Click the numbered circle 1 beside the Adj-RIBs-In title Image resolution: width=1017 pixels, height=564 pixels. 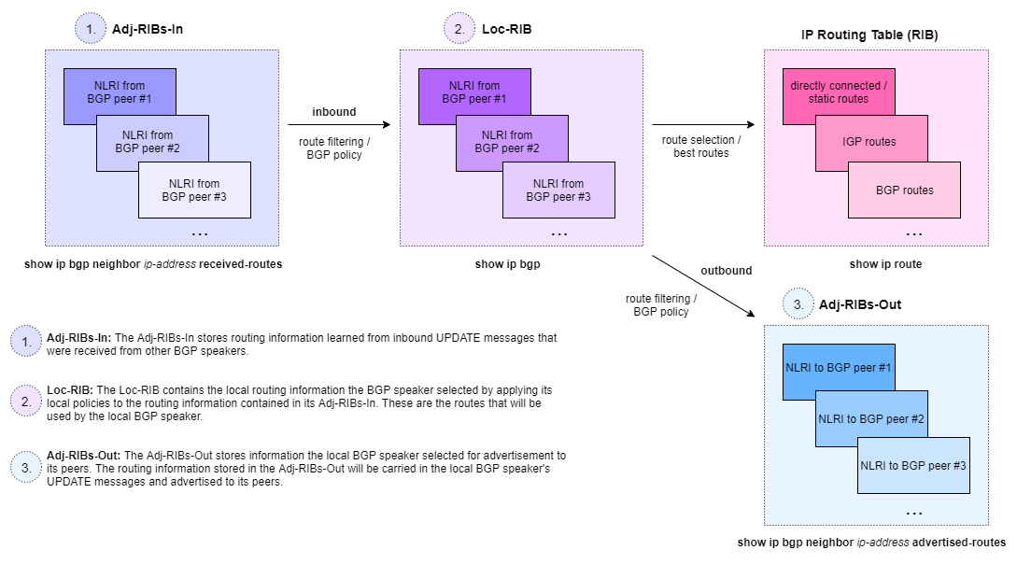pos(91,30)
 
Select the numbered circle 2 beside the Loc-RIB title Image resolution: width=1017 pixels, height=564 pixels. pos(459,30)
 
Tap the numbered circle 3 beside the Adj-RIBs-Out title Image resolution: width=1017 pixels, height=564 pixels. pos(797,304)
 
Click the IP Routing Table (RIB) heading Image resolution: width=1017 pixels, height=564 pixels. pos(869,35)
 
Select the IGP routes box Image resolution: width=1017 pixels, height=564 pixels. pos(869,142)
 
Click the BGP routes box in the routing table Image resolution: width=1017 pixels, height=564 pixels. pos(904,190)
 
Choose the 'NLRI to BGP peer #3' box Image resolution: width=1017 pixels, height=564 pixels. pos(912,465)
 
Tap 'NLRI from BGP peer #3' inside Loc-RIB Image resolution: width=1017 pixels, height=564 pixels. pos(558,190)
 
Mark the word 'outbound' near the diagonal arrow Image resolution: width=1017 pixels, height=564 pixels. pos(726,271)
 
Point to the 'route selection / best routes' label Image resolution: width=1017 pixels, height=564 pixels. pos(701,147)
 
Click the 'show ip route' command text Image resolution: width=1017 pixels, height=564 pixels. pos(885,264)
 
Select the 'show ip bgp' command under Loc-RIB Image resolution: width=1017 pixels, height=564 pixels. pos(507,264)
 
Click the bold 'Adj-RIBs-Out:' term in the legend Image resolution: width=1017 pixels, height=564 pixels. pos(78,455)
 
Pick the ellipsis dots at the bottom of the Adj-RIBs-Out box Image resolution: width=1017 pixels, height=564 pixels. pos(914,513)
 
